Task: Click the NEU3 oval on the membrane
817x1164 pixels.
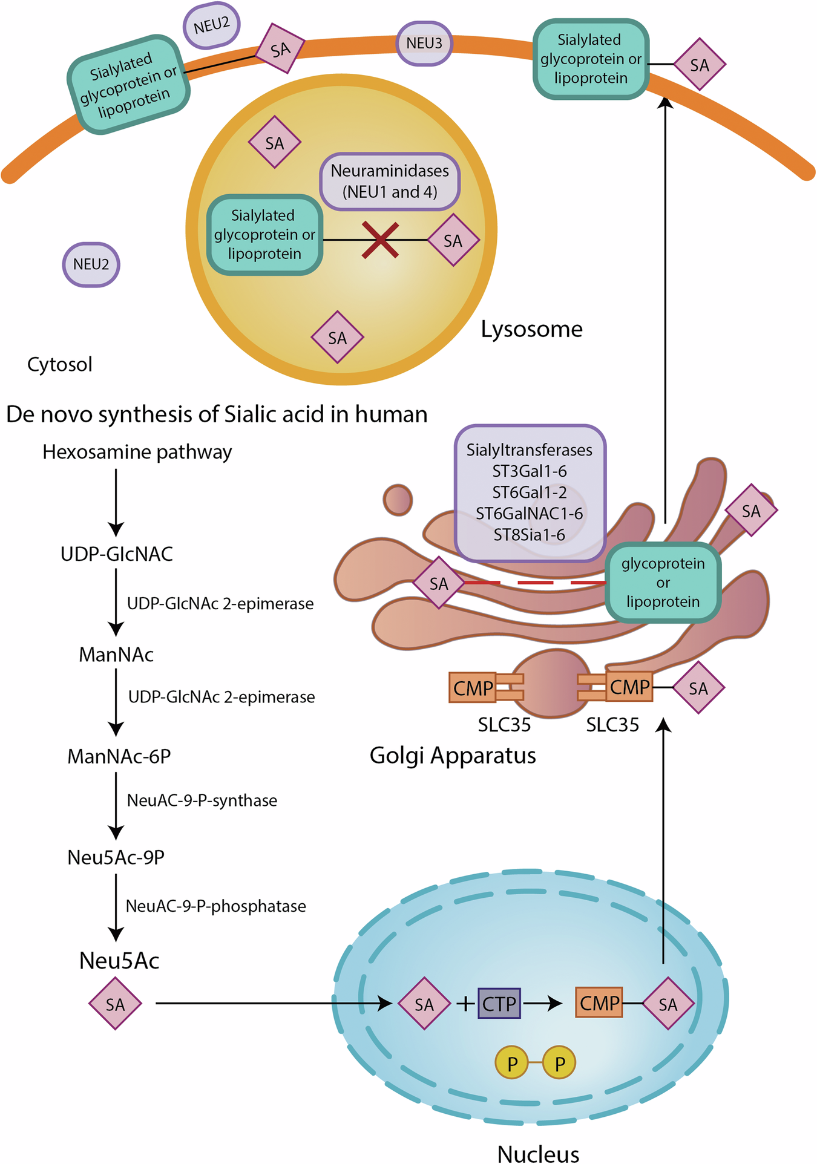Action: pyautogui.click(x=424, y=44)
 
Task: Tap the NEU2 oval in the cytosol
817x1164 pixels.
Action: pyautogui.click(x=91, y=264)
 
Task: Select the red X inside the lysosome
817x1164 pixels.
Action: pyautogui.click(x=380, y=240)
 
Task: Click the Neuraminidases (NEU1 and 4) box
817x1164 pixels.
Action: pyautogui.click(x=390, y=181)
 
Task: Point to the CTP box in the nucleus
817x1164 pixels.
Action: pyautogui.click(x=499, y=1004)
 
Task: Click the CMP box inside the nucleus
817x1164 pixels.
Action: pyautogui.click(x=599, y=1003)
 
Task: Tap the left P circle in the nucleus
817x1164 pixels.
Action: pyautogui.click(x=512, y=1063)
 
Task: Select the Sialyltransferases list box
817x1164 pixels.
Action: pyautogui.click(x=530, y=492)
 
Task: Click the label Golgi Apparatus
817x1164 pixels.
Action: pyautogui.click(x=453, y=756)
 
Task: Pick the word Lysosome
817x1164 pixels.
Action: pyautogui.click(x=531, y=329)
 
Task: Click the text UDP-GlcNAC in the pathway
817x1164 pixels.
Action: pyautogui.click(x=117, y=554)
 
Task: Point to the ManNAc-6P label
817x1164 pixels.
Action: pyautogui.click(x=119, y=756)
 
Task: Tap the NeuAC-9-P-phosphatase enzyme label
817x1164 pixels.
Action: pyautogui.click(x=215, y=906)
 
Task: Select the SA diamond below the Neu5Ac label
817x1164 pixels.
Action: pyautogui.click(x=115, y=1004)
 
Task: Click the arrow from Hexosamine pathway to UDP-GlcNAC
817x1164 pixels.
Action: pyautogui.click(x=116, y=502)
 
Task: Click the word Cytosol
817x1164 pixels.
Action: pyautogui.click(x=60, y=364)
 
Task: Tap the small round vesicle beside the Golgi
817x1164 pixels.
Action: pyautogui.click(x=398, y=500)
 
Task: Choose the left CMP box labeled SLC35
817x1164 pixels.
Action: pyautogui.click(x=473, y=688)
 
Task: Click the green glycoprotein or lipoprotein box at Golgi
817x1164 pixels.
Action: pyautogui.click(x=663, y=583)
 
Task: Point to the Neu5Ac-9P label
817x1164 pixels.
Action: pyautogui.click(x=116, y=857)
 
